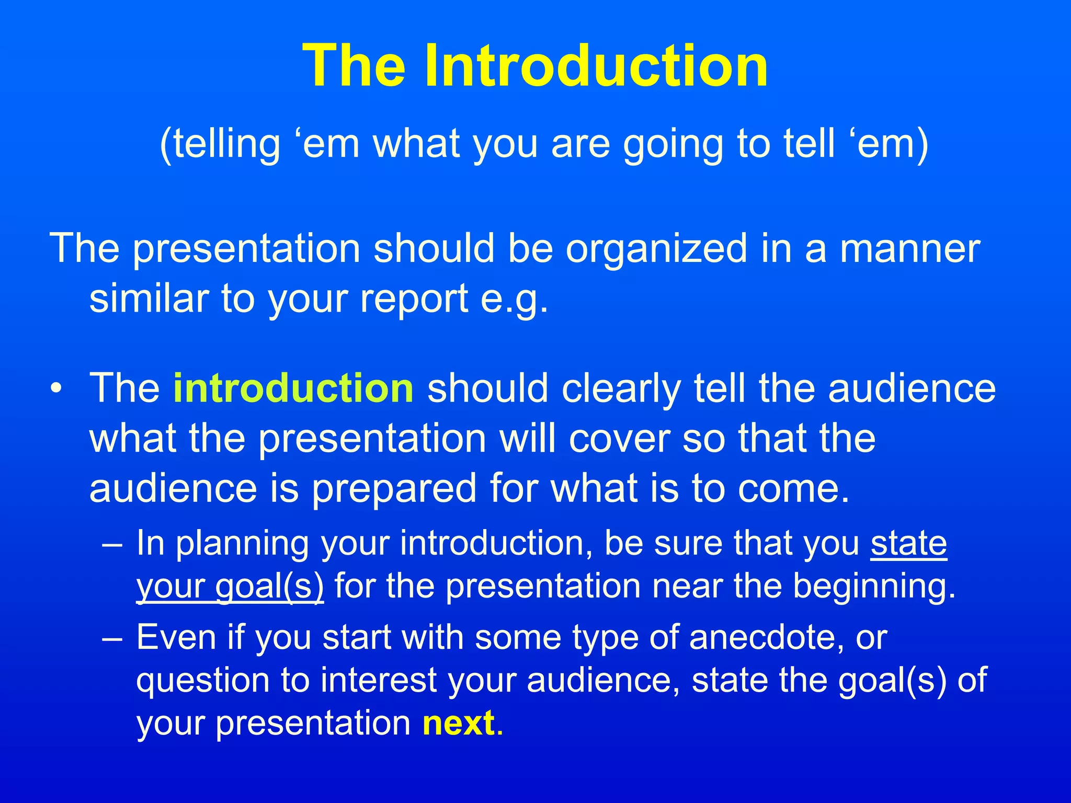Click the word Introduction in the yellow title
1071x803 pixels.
coord(596,66)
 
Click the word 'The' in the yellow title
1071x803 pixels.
coord(354,66)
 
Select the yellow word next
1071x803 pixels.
coord(459,723)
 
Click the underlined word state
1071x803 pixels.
coord(908,544)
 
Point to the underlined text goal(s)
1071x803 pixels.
coord(269,586)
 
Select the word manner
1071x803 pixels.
coord(909,249)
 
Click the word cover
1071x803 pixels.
coord(619,438)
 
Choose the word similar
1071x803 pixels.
coord(148,299)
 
